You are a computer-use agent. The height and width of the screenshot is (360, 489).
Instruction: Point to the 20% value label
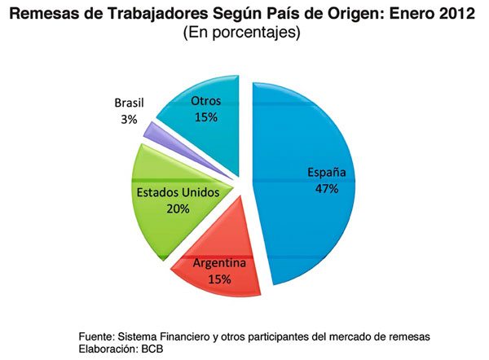click(178, 209)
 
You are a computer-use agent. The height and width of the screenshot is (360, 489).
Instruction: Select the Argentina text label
click(218, 263)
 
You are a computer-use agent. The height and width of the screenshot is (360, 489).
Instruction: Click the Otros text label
click(205, 101)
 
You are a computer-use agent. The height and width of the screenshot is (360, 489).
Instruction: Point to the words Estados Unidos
click(178, 193)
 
